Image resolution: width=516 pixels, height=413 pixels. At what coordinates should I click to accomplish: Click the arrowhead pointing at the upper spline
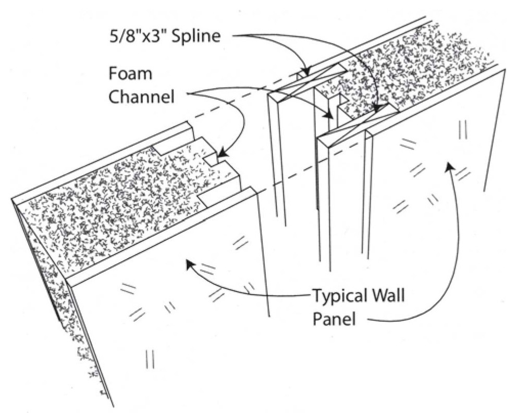tap(308, 72)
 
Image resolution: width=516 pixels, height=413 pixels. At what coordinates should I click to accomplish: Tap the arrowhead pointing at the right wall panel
tap(447, 166)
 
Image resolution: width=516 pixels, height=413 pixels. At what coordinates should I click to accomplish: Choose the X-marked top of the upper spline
tap(312, 83)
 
